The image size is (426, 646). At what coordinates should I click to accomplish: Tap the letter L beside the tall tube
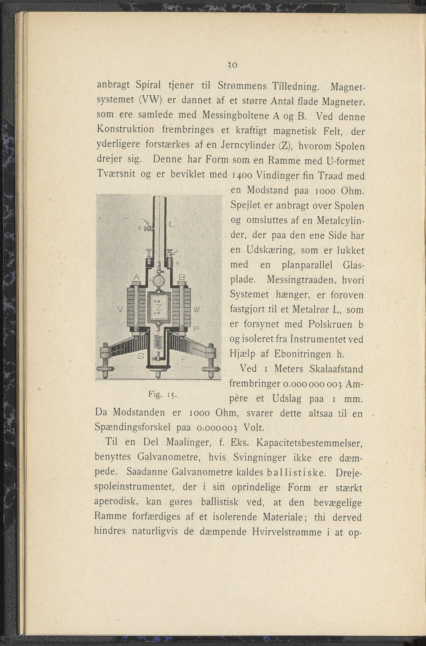point(171,225)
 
